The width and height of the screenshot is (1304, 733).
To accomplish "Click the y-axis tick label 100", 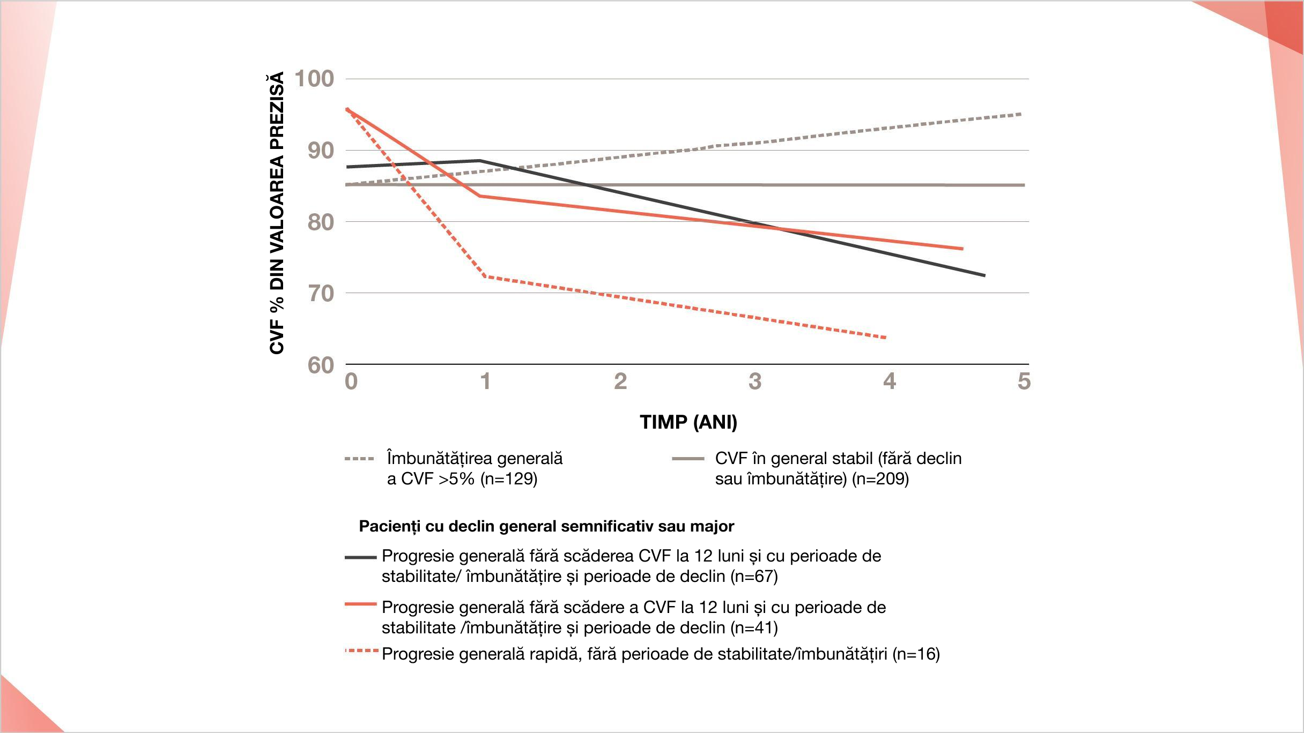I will pos(314,79).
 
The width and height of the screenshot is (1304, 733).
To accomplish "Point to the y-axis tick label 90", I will pos(321,151).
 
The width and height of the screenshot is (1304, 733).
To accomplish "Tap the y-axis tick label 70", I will pos(321,294).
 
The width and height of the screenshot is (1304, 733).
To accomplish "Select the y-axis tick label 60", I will pos(321,365).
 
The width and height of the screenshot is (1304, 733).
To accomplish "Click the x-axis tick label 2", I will pos(620,382).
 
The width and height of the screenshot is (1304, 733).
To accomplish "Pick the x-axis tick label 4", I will pos(890,382).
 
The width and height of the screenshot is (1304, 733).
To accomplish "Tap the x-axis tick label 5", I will pos(1024,382).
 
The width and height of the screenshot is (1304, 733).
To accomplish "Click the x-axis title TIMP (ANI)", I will pos(688,422).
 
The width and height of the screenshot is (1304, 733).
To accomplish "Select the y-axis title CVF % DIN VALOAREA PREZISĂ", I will pos(277,213).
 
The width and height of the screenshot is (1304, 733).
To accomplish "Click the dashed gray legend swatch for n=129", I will pos(359,459).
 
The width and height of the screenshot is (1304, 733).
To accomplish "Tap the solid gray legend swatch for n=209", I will pos(688,459).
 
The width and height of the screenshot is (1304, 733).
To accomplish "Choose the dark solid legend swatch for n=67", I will pos(361,557).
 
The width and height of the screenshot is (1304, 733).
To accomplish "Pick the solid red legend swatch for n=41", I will pos(361,604).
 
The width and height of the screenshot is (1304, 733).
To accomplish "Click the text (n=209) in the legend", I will pos(880,478).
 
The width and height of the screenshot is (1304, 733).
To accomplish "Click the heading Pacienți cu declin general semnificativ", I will pos(546,526).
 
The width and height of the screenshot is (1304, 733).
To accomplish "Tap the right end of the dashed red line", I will pos(885,338).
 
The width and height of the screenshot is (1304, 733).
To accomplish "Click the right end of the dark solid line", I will pos(984,275).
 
